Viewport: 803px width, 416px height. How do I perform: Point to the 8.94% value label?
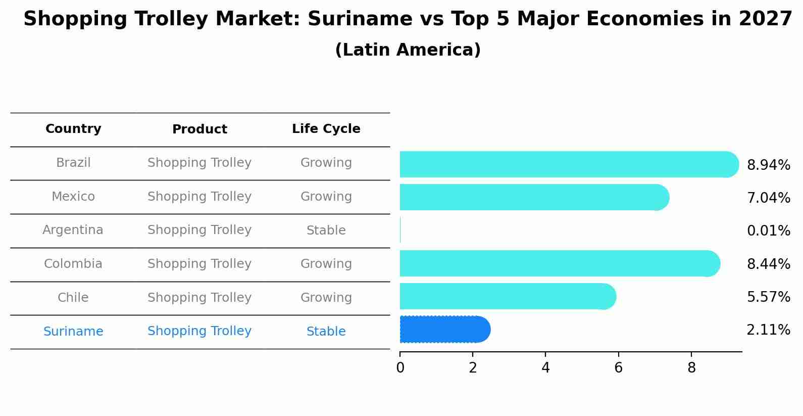[768, 165]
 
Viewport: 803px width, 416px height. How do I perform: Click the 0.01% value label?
[768, 231]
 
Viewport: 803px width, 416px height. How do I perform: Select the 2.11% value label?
[768, 330]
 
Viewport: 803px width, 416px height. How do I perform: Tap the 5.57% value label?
[768, 297]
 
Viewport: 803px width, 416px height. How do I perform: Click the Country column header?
[73, 129]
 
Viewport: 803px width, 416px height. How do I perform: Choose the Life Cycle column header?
[326, 129]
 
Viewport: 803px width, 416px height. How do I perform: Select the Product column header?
[199, 129]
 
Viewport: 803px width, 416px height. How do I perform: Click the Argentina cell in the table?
[73, 230]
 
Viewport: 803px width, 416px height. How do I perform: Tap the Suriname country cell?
[73, 332]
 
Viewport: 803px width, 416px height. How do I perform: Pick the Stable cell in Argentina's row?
[326, 230]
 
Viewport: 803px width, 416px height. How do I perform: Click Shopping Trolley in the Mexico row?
[199, 197]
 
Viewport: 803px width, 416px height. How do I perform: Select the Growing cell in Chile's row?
[326, 298]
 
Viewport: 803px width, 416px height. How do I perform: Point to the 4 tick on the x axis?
[545, 368]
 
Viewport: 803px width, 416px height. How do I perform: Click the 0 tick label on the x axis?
[400, 368]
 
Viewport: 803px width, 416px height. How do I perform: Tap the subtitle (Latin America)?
[408, 50]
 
